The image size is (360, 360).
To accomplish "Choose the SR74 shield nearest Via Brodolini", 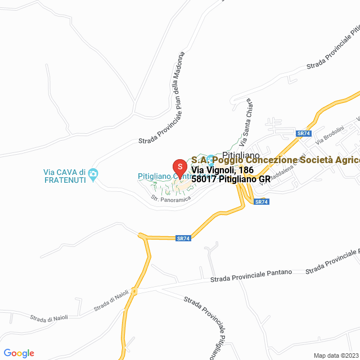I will pos(304,133).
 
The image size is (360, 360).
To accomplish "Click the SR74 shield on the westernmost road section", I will pos(183,238).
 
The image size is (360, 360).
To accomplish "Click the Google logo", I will pos(19,353).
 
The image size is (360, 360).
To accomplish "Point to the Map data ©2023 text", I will pos(336,355).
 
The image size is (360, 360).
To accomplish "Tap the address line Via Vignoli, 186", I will pos(222,170).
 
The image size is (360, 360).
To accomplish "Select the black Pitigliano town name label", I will pos(240,154).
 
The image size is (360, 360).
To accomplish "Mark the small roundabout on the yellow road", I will pos(135,291).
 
